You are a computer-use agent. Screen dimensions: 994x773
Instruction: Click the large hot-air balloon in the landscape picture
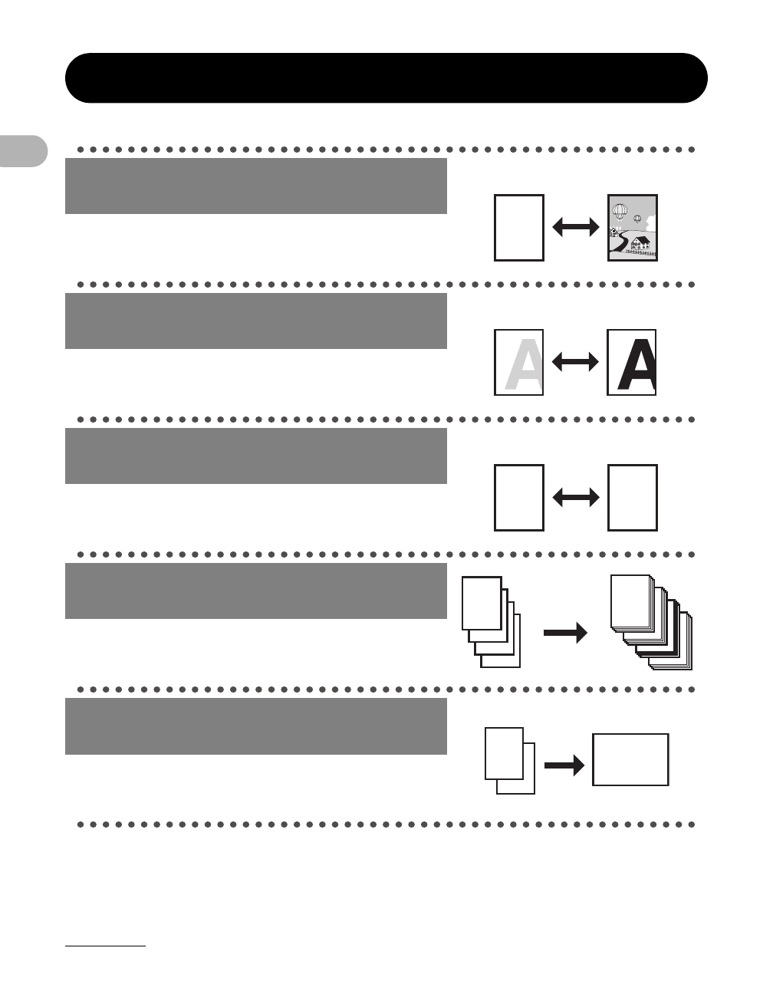coord(620,211)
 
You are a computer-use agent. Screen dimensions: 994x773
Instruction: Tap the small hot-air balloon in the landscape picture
coord(637,218)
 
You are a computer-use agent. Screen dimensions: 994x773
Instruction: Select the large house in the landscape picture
coord(640,243)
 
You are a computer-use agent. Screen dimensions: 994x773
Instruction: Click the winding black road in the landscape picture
coord(623,244)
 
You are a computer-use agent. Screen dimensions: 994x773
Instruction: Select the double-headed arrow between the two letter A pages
coord(575,363)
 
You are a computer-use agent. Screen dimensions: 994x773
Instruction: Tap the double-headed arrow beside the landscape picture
coord(575,227)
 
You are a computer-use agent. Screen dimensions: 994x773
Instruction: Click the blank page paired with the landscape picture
coord(519,228)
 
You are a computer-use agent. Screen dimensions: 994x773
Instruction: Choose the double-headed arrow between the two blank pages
coord(575,498)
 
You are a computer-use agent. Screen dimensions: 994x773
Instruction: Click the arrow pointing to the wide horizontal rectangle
coord(564,767)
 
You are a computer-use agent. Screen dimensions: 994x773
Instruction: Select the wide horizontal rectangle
coord(630,759)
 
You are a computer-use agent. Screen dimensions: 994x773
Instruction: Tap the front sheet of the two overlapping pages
coord(504,752)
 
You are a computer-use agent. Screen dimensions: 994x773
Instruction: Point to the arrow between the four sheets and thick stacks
coord(565,634)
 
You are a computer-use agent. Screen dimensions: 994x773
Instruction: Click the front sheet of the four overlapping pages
coord(482,603)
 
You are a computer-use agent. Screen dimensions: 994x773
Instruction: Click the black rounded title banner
coord(386,78)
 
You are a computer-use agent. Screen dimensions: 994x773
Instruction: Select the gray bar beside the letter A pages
coord(255,321)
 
